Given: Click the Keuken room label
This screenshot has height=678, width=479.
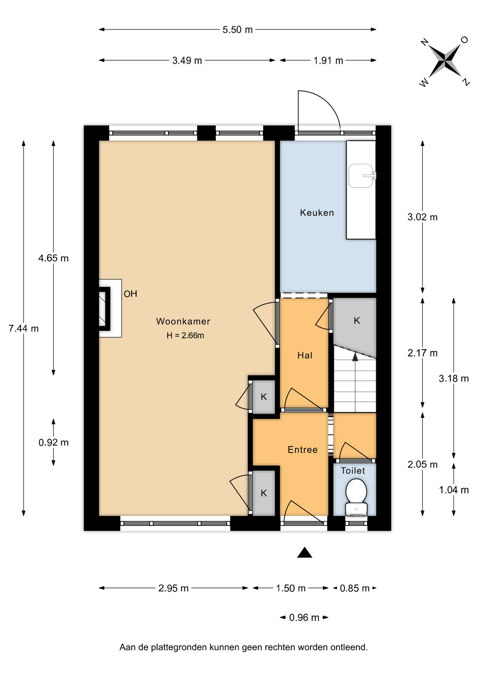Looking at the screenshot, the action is click(x=317, y=213).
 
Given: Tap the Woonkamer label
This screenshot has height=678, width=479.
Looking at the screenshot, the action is click(x=183, y=321).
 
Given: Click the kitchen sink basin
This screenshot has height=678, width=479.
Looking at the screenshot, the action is click(x=360, y=176).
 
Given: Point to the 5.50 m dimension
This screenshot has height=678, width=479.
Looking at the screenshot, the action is click(x=237, y=30).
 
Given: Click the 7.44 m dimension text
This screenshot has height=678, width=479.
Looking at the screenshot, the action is click(x=24, y=328).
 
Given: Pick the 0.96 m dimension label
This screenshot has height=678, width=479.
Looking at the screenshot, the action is click(x=304, y=617).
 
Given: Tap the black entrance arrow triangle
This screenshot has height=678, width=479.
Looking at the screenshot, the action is click(x=304, y=553).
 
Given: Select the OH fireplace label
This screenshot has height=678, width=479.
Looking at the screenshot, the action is click(x=130, y=294).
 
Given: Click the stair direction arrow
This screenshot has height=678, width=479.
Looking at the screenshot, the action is click(x=355, y=357).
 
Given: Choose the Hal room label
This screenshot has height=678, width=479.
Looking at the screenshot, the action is click(x=305, y=355).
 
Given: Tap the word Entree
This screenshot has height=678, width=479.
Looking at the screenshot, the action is click(x=303, y=450).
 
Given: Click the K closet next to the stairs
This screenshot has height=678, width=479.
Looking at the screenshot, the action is click(x=357, y=321).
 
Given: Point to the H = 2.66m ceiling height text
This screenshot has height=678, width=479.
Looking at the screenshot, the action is click(x=185, y=335).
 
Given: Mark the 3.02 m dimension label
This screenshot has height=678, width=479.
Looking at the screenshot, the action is click(x=422, y=217).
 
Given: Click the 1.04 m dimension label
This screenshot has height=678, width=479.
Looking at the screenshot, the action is click(x=454, y=490).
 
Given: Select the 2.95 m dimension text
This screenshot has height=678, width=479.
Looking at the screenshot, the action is click(x=173, y=588).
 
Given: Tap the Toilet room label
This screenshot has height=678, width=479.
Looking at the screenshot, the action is click(x=353, y=471).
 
